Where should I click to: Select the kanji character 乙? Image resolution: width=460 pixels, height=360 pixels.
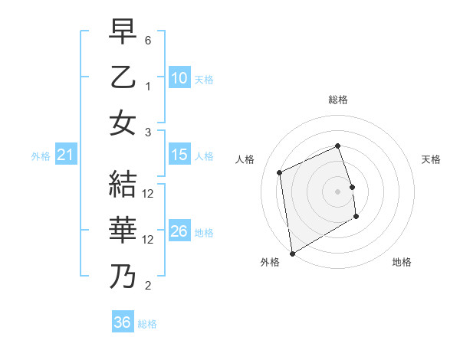[123, 77]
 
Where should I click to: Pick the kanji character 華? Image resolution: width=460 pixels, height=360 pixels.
[123, 229]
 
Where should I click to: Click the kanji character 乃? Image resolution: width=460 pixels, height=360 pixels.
[123, 275]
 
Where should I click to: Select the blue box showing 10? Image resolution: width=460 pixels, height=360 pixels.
[179, 77]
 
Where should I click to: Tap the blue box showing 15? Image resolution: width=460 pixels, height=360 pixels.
[179, 155]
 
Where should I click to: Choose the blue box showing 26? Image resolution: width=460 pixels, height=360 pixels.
[179, 231]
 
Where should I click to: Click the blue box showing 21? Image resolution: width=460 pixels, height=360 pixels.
[66, 155]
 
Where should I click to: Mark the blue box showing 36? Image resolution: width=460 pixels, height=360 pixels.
[123, 322]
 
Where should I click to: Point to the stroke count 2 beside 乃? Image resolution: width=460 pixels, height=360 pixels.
[148, 286]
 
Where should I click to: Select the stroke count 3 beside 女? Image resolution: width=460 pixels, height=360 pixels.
[148, 132]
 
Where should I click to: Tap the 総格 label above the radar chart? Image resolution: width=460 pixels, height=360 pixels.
[337, 100]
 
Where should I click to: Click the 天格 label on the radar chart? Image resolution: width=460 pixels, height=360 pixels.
[431, 159]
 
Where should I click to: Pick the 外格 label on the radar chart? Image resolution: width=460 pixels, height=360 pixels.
[270, 262]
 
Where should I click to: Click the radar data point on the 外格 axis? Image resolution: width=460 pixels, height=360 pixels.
[292, 253]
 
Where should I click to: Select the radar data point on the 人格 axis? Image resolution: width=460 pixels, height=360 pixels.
[280, 172]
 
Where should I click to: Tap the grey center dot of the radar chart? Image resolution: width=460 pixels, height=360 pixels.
[337, 191]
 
